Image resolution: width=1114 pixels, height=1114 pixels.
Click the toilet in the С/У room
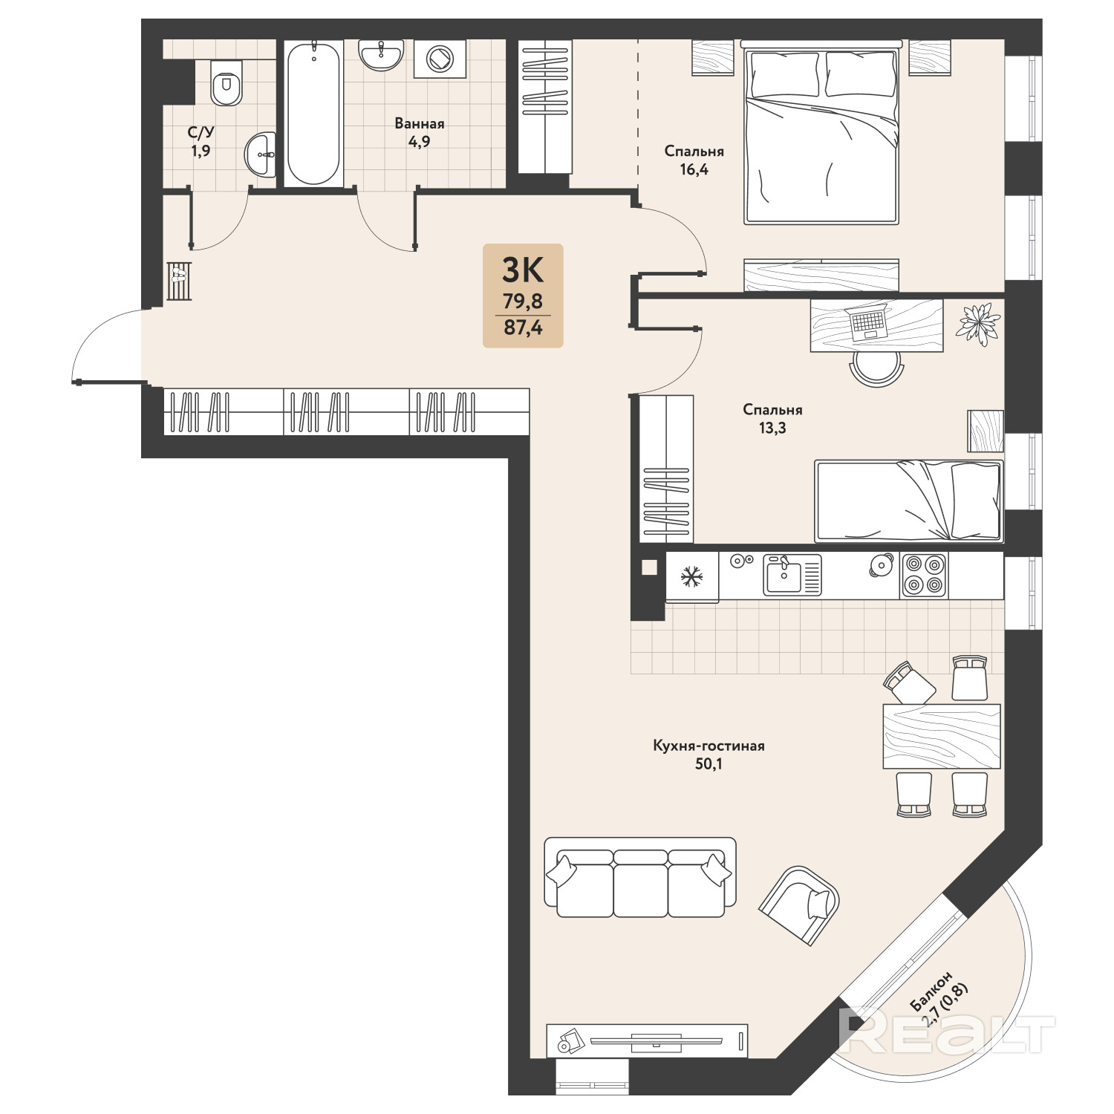[x=227, y=82]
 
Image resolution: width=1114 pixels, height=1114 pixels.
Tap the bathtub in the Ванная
[x=313, y=113]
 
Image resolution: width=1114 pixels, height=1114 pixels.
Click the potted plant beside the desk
[x=980, y=325]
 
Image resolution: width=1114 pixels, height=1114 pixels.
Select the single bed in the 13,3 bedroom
[x=908, y=501]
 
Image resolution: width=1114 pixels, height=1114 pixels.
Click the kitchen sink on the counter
[x=792, y=575]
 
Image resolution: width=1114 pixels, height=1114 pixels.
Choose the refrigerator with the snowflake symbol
[x=692, y=576]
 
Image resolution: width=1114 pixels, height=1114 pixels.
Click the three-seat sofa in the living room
[x=640, y=878]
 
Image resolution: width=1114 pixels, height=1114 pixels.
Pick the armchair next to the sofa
[x=800, y=905]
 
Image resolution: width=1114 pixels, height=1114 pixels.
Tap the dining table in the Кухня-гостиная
[x=942, y=737]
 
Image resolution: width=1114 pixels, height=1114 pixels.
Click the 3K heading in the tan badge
[x=523, y=270]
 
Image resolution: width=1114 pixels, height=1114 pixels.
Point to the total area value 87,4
[x=523, y=327]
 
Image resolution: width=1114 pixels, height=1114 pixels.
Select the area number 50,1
[x=709, y=763]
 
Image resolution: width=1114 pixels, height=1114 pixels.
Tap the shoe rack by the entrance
[x=179, y=281]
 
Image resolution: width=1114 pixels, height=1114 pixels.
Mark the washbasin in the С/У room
[x=260, y=154]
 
